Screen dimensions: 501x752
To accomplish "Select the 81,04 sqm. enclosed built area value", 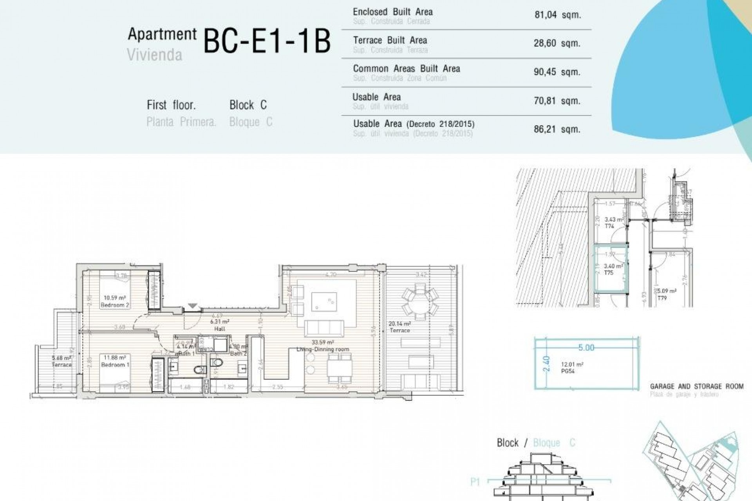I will click(x=557, y=15).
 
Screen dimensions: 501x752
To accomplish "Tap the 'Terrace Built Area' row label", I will click(x=390, y=40).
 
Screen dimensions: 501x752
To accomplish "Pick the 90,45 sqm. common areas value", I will click(x=557, y=72).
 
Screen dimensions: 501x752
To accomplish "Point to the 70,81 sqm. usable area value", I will click(x=557, y=101).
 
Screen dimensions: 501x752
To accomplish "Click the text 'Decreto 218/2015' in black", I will click(x=440, y=124).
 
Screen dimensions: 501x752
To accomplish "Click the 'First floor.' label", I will click(x=171, y=105).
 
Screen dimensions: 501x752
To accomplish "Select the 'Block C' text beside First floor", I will click(x=248, y=105).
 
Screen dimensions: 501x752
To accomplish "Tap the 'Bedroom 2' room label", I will click(x=115, y=305).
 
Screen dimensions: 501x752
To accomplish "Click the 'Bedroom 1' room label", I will click(x=115, y=364).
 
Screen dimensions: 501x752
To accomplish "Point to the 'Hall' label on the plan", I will click(x=220, y=329).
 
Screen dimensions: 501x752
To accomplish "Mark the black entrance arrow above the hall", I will click(x=193, y=306).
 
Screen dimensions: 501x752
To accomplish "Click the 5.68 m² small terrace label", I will click(x=61, y=358).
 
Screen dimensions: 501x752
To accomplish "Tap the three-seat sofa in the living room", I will click(x=324, y=328).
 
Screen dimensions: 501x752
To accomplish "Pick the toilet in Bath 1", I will click(x=201, y=369).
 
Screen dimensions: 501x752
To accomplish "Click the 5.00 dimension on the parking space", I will click(x=586, y=348).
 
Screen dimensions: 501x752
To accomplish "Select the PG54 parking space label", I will click(x=568, y=371).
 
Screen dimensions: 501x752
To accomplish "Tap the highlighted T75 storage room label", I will click(x=608, y=273).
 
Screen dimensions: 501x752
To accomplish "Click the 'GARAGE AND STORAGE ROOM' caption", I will click(x=696, y=386).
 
